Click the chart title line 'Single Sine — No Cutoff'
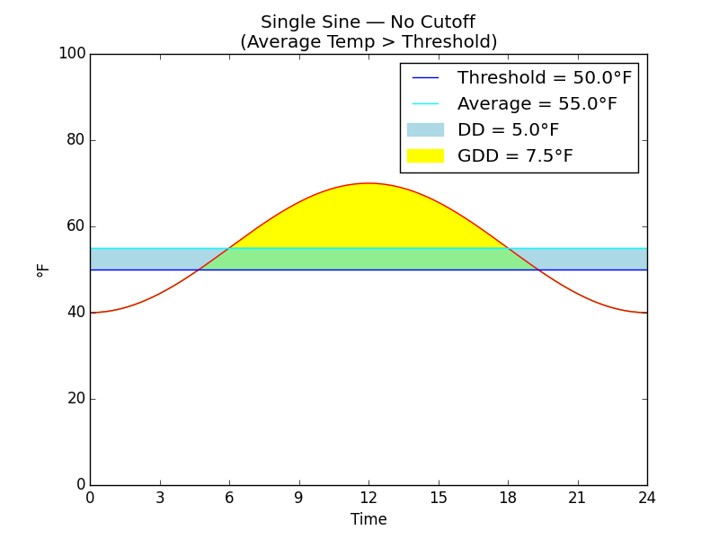(x=368, y=22)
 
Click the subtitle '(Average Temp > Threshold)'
(x=368, y=42)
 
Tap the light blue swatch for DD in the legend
(x=425, y=130)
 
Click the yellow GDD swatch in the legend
(x=425, y=156)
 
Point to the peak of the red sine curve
(x=368, y=183)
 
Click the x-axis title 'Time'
(x=368, y=519)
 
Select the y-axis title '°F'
(x=43, y=269)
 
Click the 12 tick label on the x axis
(x=368, y=498)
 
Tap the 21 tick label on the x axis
(x=577, y=498)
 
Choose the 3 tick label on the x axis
(x=160, y=498)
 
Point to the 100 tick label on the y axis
(x=72, y=54)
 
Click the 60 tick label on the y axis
(x=75, y=226)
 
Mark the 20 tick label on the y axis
(x=75, y=399)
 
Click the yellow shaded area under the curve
(x=368, y=216)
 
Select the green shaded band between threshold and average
(x=368, y=259)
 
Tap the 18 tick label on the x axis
(x=508, y=498)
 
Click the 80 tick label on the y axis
(x=75, y=140)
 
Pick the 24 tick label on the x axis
(x=646, y=498)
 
